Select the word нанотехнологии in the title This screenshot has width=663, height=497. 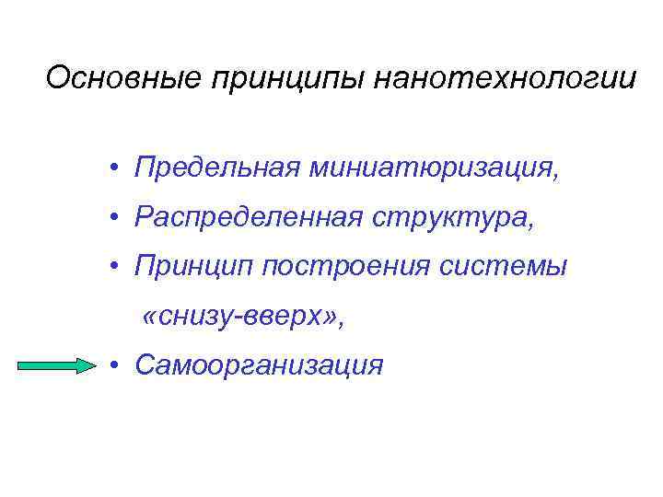[506, 78]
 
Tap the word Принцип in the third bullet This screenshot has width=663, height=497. [192, 268]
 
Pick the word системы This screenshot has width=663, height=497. [511, 268]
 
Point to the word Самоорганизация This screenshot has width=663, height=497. [258, 366]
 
